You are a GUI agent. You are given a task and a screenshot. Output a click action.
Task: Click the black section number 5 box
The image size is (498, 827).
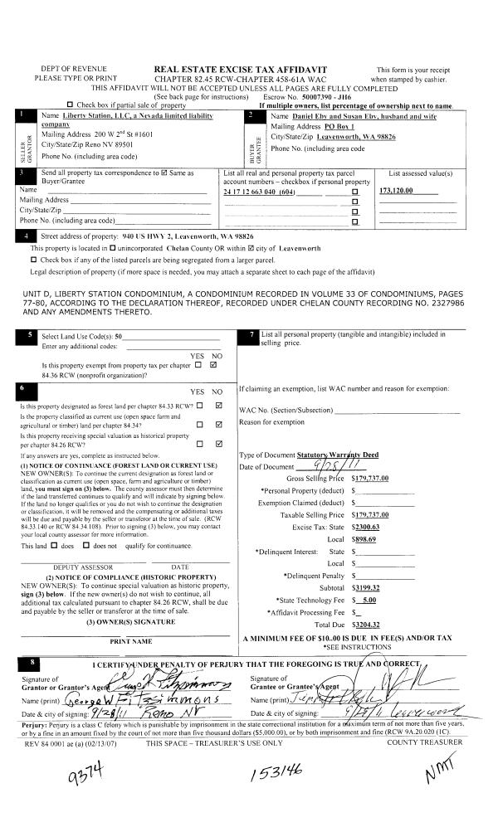pos(31,335)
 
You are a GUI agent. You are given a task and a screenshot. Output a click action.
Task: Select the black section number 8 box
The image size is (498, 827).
pos(32,663)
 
